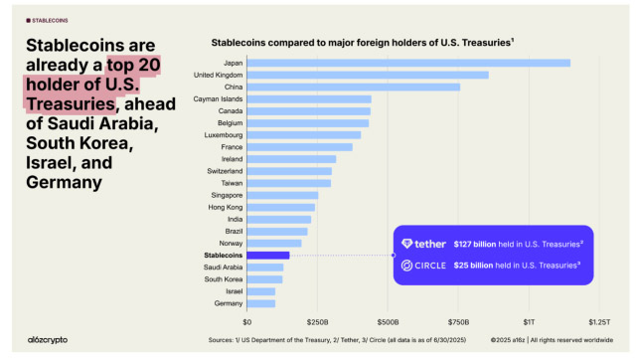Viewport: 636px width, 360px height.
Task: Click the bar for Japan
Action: tap(407, 63)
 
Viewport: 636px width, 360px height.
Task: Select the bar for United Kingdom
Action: tap(368, 75)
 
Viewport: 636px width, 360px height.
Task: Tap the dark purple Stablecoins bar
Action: tap(268, 255)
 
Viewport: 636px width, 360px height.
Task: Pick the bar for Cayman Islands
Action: tap(309, 98)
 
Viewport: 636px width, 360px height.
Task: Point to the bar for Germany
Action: tap(261, 302)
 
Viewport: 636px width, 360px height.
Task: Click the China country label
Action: tap(230, 87)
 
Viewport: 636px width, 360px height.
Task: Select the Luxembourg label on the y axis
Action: tap(220, 134)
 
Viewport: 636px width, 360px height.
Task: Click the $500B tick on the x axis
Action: tap(388, 322)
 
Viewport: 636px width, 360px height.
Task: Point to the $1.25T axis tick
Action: tap(599, 322)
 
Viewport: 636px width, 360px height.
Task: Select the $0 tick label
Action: tap(246, 322)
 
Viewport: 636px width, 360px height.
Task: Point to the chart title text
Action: tap(362, 43)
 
